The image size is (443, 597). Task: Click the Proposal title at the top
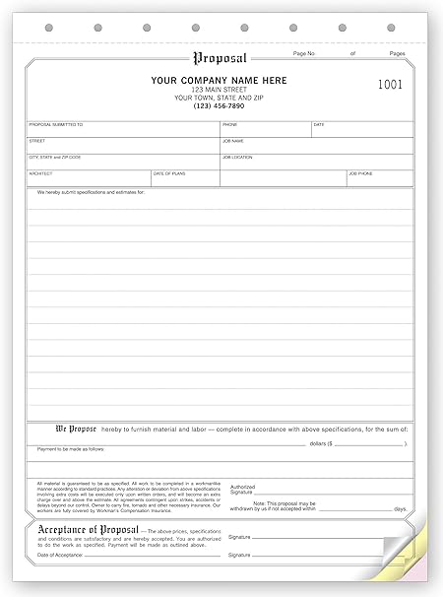click(221, 58)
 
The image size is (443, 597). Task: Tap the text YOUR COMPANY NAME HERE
click(221, 80)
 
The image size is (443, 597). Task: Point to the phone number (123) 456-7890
click(221, 105)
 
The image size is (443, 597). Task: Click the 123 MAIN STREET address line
click(221, 89)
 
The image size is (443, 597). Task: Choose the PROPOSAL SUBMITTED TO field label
click(56, 126)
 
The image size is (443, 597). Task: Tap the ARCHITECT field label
click(42, 173)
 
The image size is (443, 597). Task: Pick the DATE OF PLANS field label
click(170, 173)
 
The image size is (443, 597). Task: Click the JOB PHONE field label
click(360, 173)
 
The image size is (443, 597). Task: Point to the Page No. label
click(305, 52)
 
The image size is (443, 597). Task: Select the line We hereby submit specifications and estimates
click(91, 192)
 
